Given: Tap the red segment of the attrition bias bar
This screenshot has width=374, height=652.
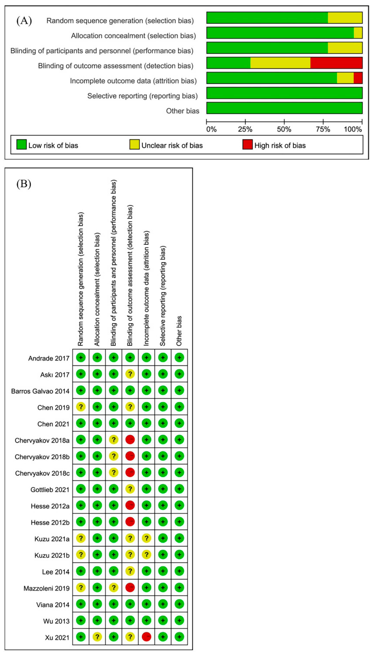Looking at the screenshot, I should tap(358, 78).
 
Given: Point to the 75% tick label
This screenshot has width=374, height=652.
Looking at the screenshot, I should tap(323, 129).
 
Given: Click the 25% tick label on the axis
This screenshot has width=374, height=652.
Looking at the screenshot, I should tap(245, 129).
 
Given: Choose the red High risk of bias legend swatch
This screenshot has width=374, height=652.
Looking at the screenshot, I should tap(247, 144).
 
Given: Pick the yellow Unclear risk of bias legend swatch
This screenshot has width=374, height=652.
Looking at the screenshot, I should tap(134, 144).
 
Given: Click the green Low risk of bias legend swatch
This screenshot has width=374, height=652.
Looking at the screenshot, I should tap(21, 144).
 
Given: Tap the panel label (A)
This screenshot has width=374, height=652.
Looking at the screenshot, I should tap(24, 21).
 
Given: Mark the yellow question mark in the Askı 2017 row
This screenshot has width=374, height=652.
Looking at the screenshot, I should tap(130, 374).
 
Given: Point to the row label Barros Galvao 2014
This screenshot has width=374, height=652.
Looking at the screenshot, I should tap(40, 391).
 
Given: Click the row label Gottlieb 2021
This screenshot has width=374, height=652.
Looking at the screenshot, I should tap(50, 490).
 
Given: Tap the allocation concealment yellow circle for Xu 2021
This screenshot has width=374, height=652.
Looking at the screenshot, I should tap(97, 637).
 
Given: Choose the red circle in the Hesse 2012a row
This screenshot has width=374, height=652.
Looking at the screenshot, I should tap(130, 505).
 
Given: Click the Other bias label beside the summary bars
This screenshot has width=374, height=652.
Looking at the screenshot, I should tap(183, 111).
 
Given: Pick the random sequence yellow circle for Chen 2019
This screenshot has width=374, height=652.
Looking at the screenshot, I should tap(81, 407).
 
